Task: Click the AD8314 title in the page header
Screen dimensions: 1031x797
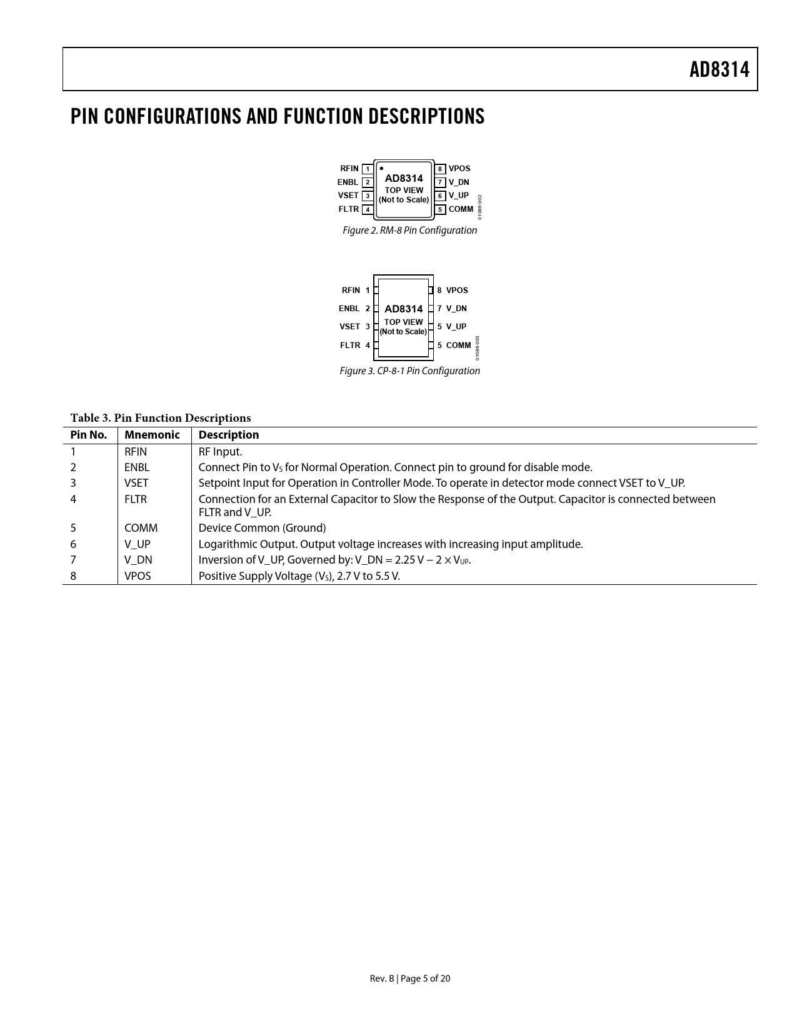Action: (x=719, y=69)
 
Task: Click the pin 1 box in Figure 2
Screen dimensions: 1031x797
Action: (x=368, y=169)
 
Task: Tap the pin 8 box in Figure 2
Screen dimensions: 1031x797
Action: (x=440, y=169)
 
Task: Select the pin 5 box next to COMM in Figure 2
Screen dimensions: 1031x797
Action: (x=440, y=209)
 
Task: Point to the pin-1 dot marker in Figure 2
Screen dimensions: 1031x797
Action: (x=381, y=168)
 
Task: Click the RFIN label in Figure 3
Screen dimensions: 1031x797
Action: (x=351, y=291)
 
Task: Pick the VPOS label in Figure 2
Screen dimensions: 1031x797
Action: (x=459, y=169)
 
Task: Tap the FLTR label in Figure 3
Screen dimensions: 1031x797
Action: (x=350, y=346)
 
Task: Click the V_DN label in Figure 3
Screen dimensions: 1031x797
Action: (x=456, y=309)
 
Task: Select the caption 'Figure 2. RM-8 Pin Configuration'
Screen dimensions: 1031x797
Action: (x=409, y=231)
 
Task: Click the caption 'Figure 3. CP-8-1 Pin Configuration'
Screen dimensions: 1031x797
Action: (x=409, y=371)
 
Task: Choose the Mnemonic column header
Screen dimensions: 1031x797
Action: (x=152, y=435)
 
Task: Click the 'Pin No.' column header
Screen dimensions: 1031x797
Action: (x=89, y=435)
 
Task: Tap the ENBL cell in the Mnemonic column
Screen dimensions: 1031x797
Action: (x=137, y=467)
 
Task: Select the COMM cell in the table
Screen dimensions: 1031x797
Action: (x=141, y=528)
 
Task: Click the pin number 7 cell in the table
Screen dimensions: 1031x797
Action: (x=73, y=560)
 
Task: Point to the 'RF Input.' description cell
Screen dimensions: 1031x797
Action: (x=220, y=452)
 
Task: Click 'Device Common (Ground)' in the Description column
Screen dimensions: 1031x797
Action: (x=262, y=528)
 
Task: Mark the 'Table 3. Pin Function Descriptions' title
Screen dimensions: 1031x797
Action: (x=160, y=418)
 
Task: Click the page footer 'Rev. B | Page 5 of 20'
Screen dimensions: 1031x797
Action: (x=409, y=979)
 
